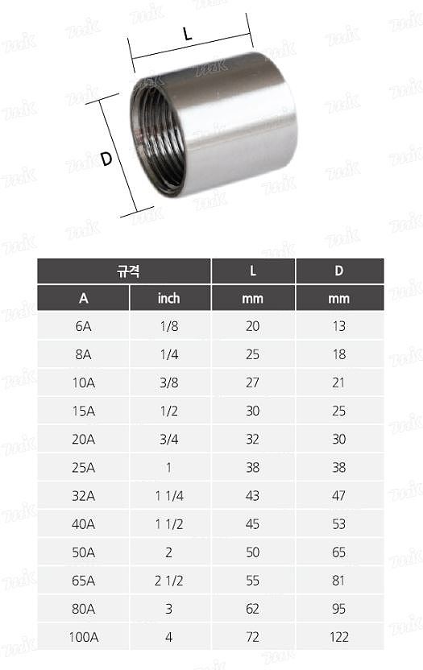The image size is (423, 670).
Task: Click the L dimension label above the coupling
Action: [x=188, y=34]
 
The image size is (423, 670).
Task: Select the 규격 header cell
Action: [x=125, y=271]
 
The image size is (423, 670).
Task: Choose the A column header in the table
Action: [x=84, y=298]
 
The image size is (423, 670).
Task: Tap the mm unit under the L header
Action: [x=253, y=298]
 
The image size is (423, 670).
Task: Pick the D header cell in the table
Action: [x=339, y=271]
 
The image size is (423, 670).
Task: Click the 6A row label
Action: [x=84, y=325]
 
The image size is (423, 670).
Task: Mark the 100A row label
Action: [x=84, y=637]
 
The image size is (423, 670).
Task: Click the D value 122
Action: [x=339, y=637]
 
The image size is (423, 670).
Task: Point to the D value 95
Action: [x=339, y=609]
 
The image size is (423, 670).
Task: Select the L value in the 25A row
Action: [x=253, y=467]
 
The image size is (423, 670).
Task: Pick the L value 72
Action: [x=253, y=637]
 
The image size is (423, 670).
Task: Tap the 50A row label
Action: [x=84, y=552]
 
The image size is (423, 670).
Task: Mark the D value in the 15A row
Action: [x=339, y=411]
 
